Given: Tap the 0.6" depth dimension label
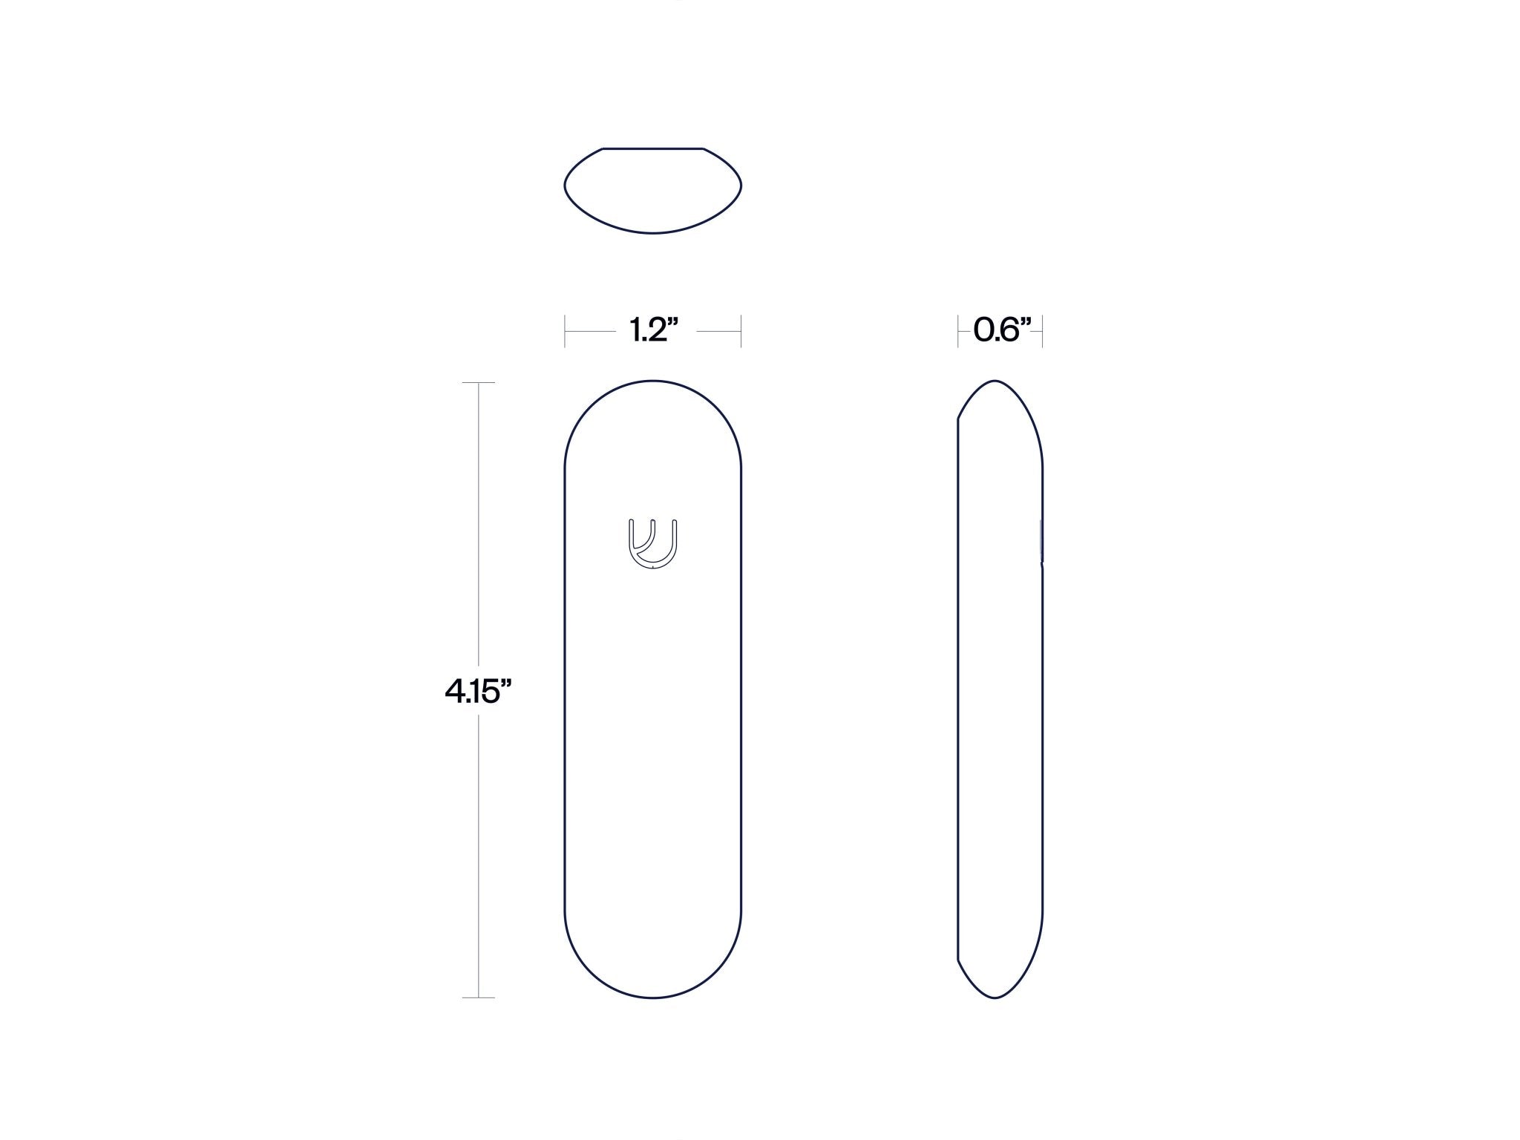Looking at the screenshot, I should [x=1000, y=330].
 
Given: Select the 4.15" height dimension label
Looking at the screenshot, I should [x=479, y=692].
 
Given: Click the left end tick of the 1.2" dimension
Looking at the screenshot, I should [x=566, y=331].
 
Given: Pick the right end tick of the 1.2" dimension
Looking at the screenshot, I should [x=741, y=331].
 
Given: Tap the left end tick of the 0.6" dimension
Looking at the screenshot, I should [x=958, y=331].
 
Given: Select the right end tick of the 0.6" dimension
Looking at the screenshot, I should [x=1042, y=331].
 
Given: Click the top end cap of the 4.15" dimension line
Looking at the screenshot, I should [x=479, y=382].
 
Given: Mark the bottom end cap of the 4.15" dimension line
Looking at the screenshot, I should [x=479, y=997].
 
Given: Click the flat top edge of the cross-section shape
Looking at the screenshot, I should [x=653, y=148].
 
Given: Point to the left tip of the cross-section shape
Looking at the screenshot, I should [x=566, y=185].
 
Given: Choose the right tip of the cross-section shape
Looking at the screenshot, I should [x=741, y=185].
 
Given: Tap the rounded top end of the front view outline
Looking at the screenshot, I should [x=653, y=381].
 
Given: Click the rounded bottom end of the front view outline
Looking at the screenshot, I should [x=653, y=997].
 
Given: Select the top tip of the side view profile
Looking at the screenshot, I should [x=995, y=381].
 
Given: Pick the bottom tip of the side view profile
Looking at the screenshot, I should [x=995, y=997].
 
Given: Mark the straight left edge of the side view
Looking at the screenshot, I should [x=958, y=690].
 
